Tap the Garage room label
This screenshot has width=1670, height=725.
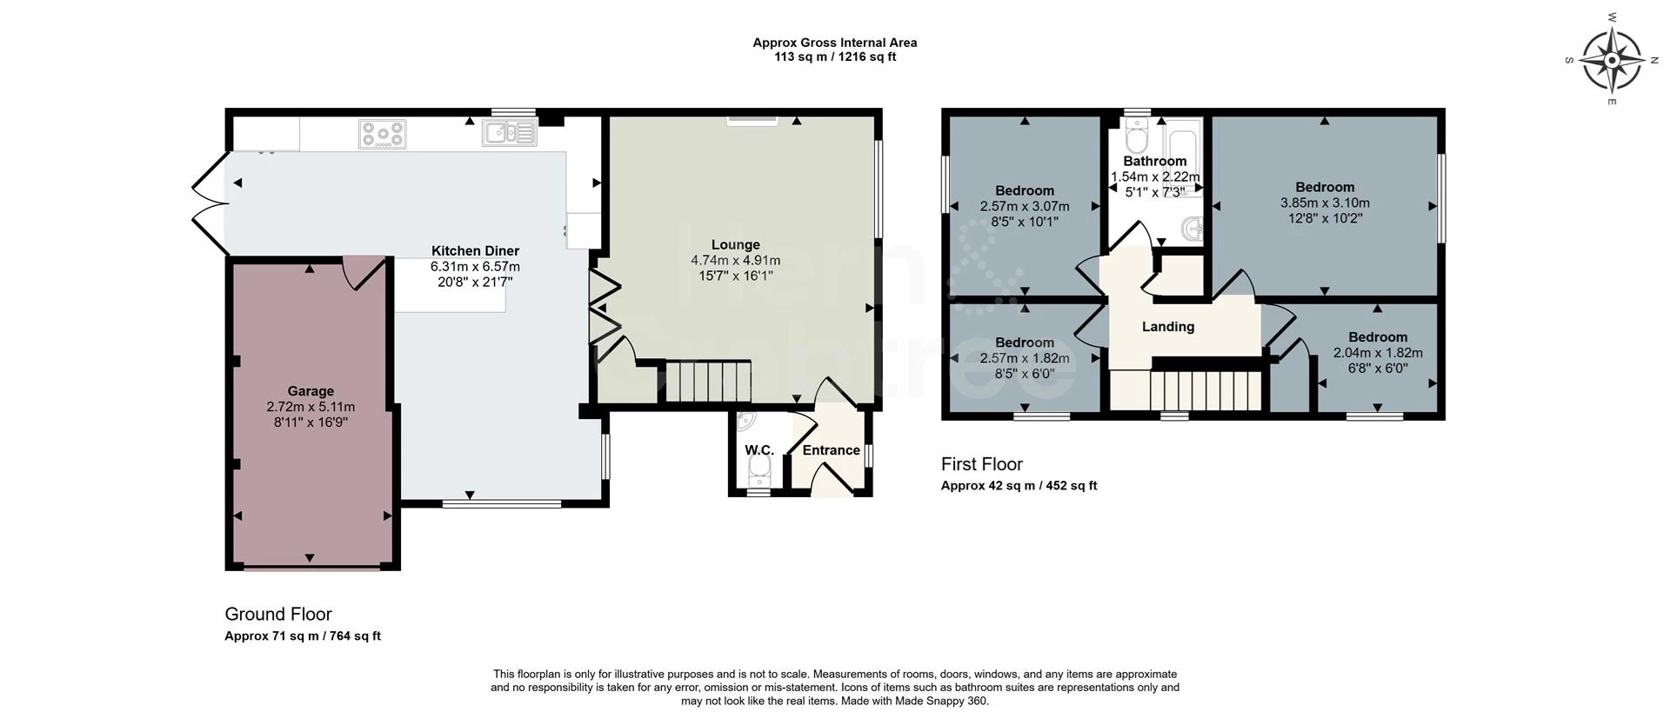[311, 391]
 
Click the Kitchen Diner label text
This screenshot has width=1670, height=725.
[475, 251]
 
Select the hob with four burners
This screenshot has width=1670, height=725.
[383, 134]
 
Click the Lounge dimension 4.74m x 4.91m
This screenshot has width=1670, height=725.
[735, 260]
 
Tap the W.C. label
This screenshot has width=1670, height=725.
[758, 450]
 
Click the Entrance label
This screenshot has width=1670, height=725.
[831, 450]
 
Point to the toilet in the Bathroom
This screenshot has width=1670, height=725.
[1136, 136]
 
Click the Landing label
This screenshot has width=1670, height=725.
[1167, 327]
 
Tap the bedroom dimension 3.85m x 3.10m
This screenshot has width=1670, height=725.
[1324, 203]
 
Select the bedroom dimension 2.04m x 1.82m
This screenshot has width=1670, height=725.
[1377, 353]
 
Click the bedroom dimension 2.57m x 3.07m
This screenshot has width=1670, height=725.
[1024, 206]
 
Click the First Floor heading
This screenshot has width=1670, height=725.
[981, 464]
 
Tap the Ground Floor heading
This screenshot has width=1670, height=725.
[278, 614]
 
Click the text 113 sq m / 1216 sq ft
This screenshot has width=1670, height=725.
[834, 57]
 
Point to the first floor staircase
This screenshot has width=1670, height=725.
[1206, 390]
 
